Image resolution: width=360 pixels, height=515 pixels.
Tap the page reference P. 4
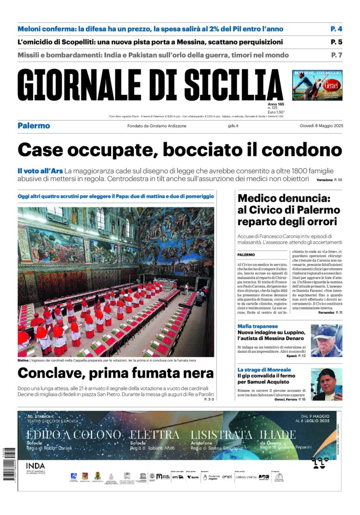click(x=336, y=29)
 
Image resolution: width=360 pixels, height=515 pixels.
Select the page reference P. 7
click(x=337, y=55)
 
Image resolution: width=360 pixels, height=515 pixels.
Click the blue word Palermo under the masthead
click(x=33, y=126)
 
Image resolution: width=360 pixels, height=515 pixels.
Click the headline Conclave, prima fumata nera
click(x=115, y=373)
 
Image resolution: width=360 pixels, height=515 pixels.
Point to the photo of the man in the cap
click(x=326, y=340)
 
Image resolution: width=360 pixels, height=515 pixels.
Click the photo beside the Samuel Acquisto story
click(x=326, y=384)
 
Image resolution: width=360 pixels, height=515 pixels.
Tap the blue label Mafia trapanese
click(x=257, y=326)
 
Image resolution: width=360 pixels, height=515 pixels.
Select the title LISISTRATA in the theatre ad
click(x=221, y=434)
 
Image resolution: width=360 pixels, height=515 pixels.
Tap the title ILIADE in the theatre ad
click(x=278, y=434)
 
